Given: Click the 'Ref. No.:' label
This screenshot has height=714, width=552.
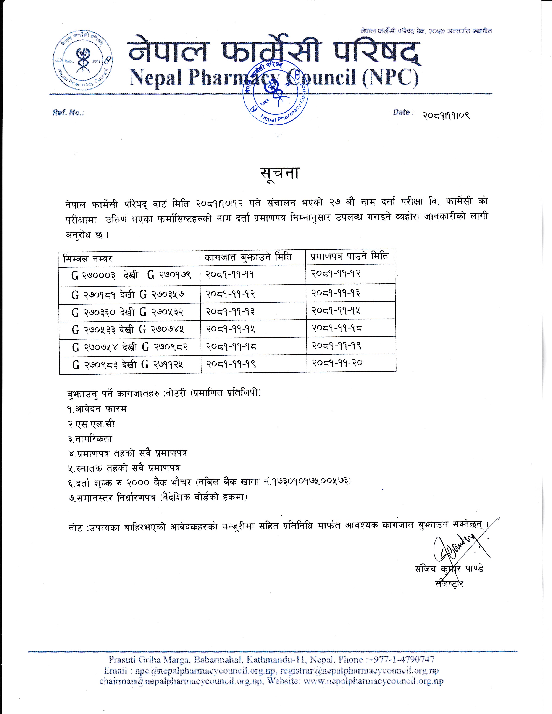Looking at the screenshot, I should pos(68,113).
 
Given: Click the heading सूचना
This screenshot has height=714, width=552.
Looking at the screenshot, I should pos(280,173).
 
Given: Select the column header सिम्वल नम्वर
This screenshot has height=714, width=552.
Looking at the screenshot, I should pos(88,259).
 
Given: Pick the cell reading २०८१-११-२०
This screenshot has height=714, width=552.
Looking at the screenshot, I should pos(337,363).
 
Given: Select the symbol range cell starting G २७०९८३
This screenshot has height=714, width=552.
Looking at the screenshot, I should pos(128,364).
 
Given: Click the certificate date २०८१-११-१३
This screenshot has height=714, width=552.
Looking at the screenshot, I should pos(336,293).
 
